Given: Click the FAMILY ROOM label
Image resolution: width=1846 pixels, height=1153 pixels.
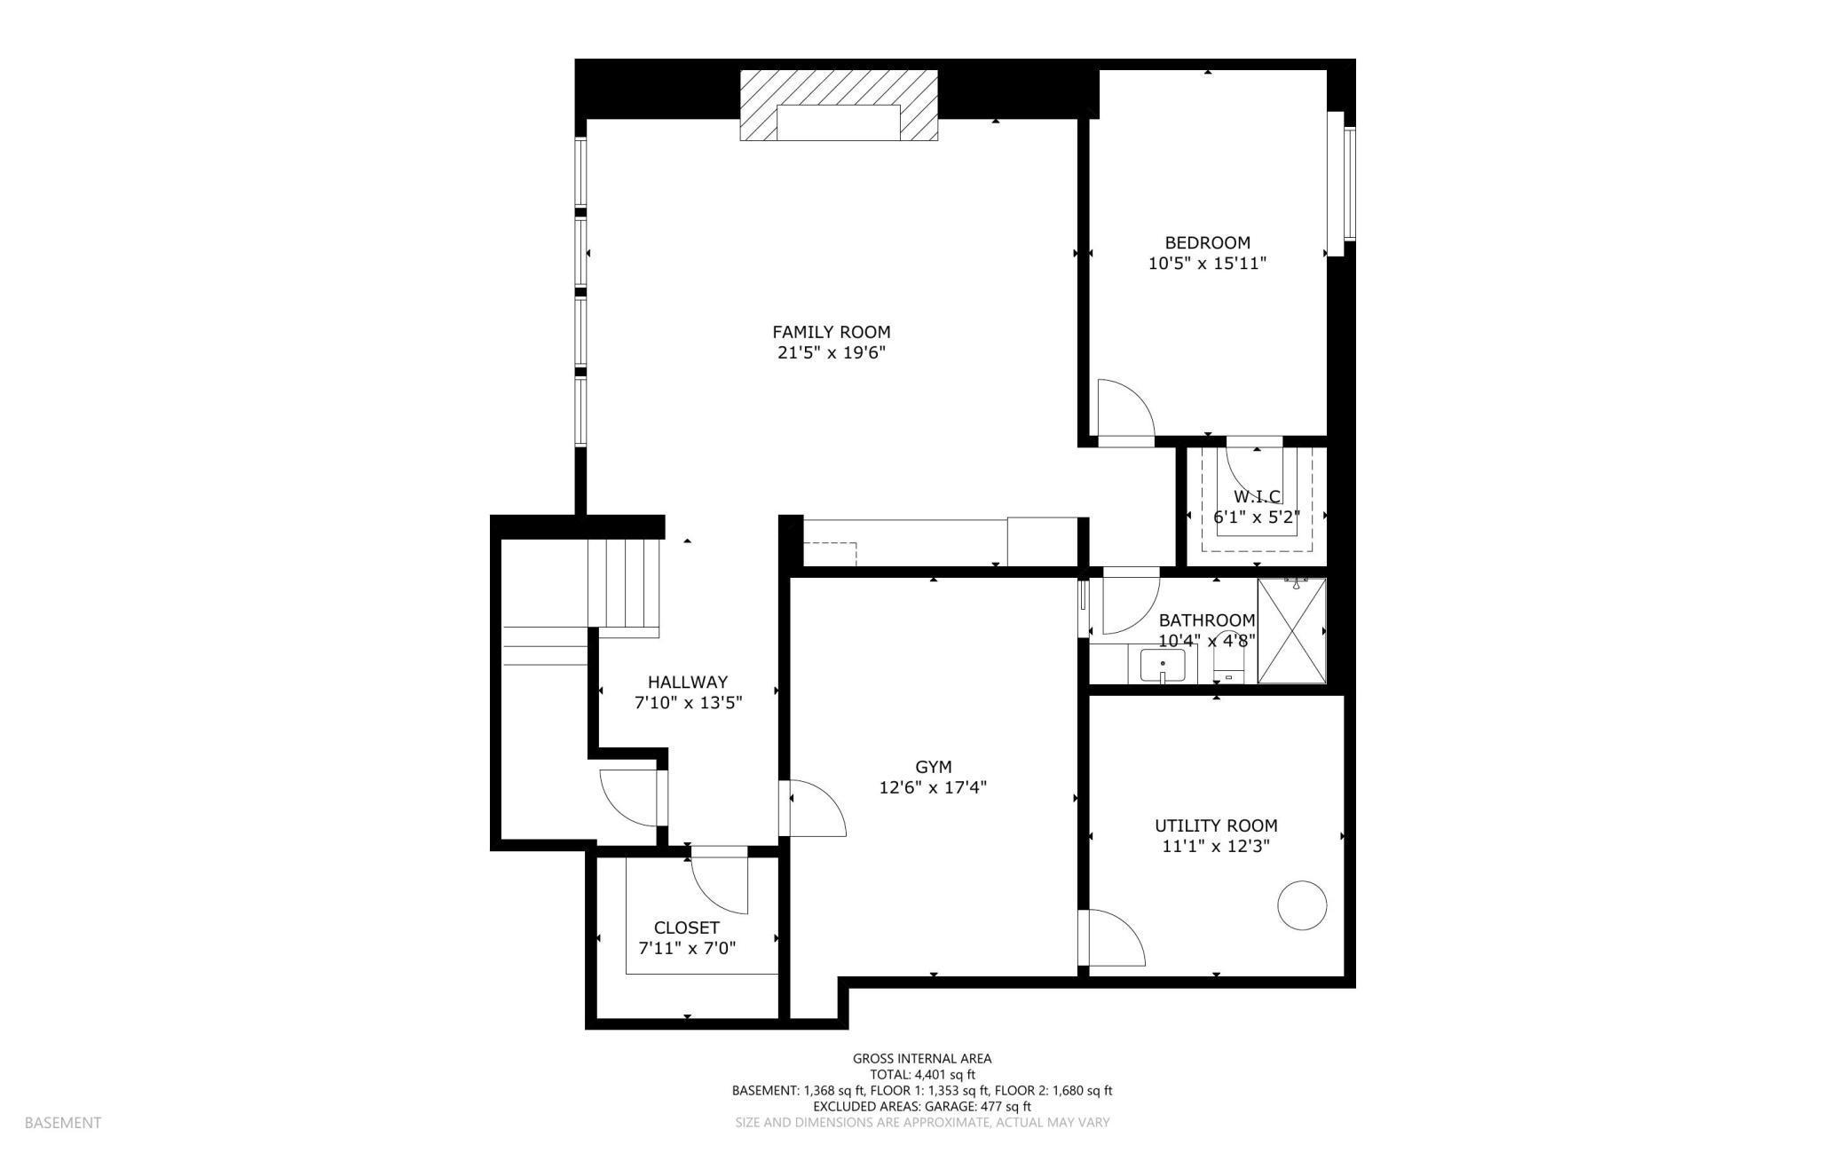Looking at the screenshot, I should [831, 332].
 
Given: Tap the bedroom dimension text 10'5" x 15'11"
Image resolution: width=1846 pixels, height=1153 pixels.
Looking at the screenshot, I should [1207, 264].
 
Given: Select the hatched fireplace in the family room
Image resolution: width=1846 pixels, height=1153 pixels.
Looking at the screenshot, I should [839, 106].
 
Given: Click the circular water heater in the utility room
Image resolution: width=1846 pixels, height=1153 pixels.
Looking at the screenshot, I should [1301, 905].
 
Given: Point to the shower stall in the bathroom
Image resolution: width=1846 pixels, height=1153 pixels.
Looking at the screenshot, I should [1291, 631].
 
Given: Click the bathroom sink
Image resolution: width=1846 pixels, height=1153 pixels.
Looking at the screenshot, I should [1162, 665].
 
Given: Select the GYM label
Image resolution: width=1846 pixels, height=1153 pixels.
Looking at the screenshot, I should [933, 767].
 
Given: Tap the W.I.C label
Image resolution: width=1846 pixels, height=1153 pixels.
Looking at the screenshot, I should [1257, 496].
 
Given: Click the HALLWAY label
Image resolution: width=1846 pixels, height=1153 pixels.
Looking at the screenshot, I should [687, 683].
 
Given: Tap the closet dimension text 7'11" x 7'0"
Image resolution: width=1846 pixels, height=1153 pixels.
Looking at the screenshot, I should [687, 949].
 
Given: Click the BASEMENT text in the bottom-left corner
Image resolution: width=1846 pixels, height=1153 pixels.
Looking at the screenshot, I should [63, 1123].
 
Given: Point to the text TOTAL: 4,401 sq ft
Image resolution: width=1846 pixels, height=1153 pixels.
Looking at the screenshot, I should [922, 1074].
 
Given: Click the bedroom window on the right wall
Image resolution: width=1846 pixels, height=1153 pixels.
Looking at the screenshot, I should [1349, 183].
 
